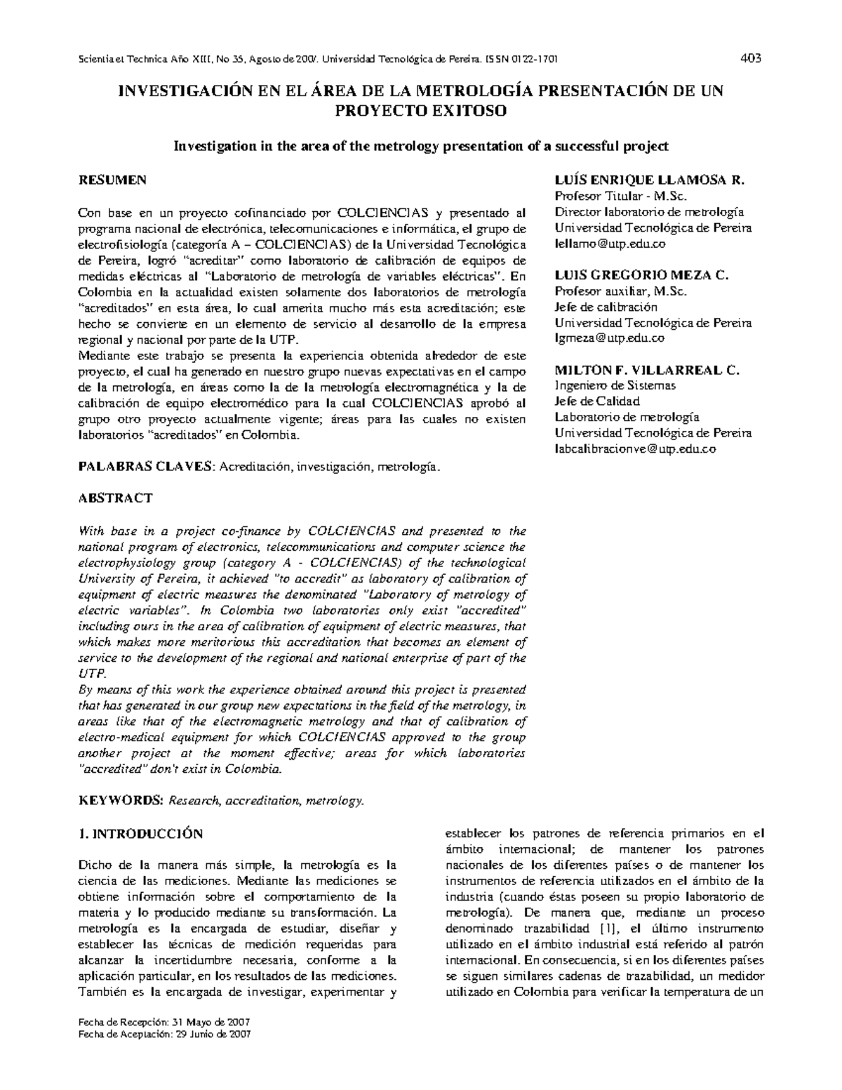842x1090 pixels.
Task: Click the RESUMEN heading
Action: click(112, 180)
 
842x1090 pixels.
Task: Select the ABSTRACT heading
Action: click(116, 498)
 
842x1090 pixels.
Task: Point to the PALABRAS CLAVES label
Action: click(148, 466)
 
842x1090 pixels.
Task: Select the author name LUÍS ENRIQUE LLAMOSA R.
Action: click(649, 180)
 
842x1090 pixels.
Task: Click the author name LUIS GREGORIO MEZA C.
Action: click(642, 275)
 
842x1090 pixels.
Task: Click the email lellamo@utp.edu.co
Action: click(610, 244)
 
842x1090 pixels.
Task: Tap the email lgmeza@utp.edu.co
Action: click(609, 338)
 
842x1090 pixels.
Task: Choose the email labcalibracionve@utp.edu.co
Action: click(635, 449)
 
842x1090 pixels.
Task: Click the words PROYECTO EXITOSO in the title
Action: click(420, 111)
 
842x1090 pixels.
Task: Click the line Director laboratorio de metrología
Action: click(649, 212)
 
